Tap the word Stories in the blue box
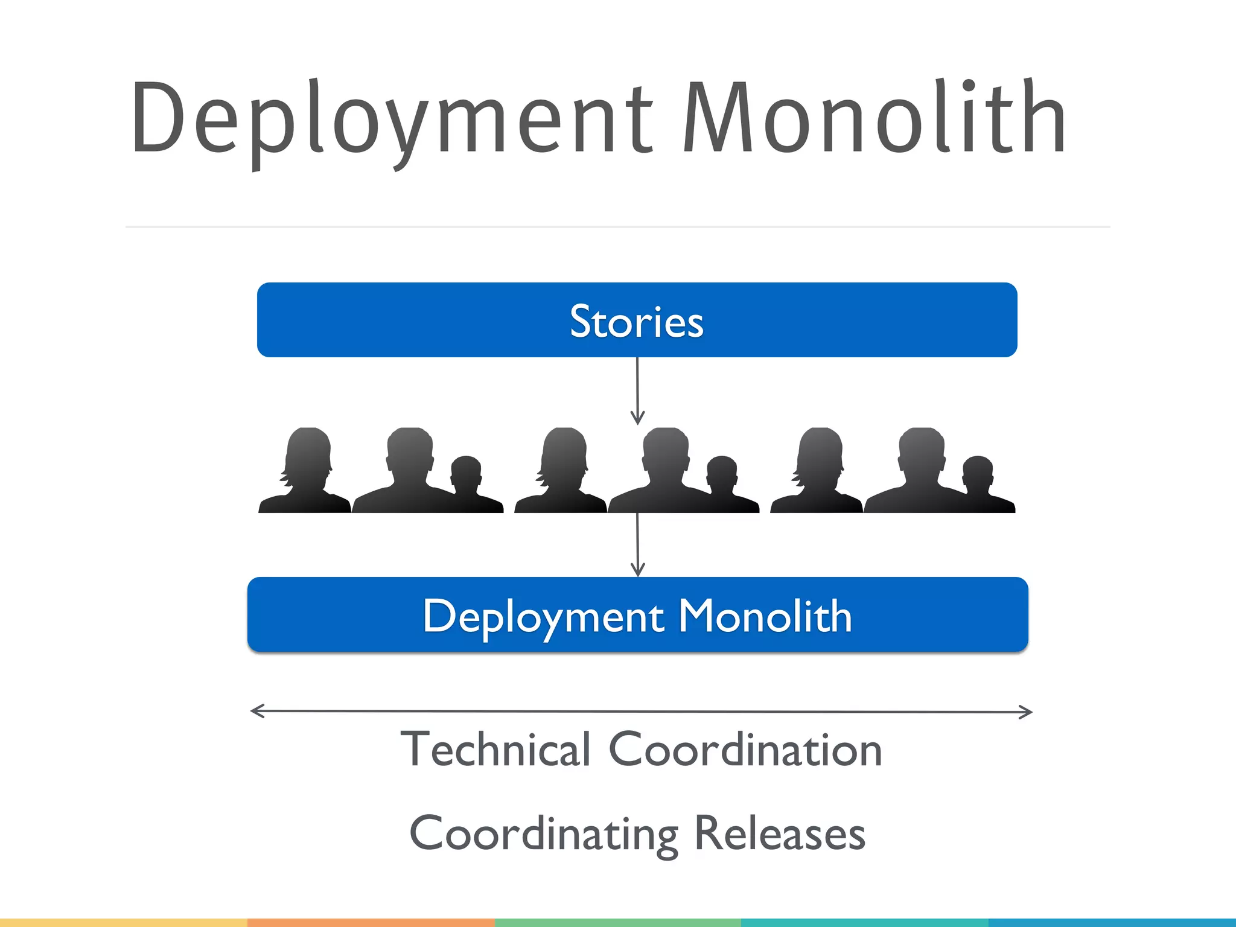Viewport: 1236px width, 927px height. (637, 321)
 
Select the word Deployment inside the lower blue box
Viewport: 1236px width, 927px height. (543, 616)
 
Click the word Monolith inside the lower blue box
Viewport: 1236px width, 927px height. (765, 616)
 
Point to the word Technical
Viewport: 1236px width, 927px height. (495, 750)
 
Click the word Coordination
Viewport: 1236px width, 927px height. (745, 750)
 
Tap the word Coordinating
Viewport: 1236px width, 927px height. (544, 833)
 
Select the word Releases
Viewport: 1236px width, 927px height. (780, 833)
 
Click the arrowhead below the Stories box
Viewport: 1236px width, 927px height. (637, 418)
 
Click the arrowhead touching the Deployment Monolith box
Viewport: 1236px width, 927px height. (637, 569)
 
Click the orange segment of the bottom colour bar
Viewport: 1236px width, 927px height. (371, 922)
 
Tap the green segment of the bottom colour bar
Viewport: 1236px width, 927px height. (617, 922)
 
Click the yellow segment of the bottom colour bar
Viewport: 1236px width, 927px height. (123, 922)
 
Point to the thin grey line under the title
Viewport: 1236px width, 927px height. (617, 227)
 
